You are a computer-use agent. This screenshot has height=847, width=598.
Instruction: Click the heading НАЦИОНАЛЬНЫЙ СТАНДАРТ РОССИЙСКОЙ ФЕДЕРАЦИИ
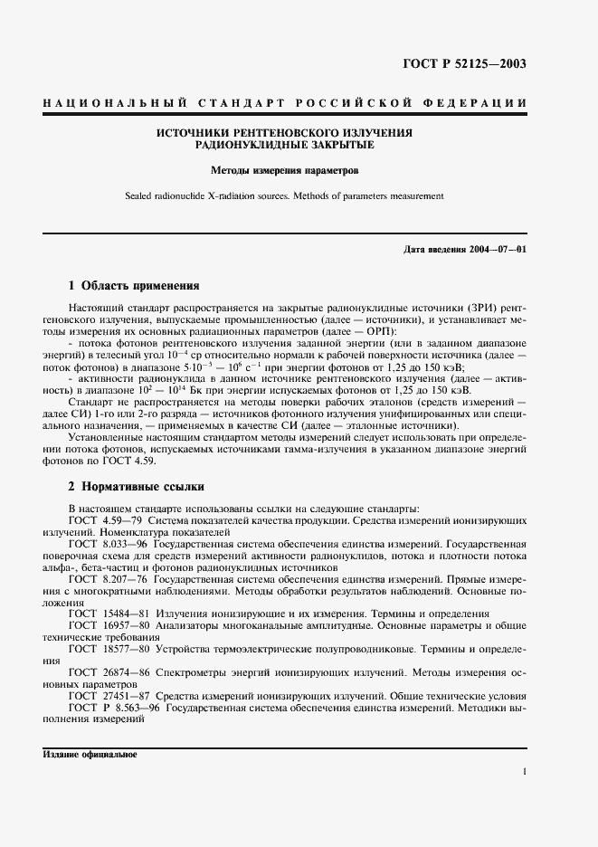[x=285, y=102]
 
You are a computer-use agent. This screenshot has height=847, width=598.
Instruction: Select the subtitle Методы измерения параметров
[x=285, y=169]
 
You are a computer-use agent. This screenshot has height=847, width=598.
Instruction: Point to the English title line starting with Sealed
[x=285, y=195]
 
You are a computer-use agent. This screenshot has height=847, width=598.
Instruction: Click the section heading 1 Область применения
[x=134, y=286]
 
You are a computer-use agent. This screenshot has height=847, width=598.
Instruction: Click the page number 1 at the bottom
[x=524, y=771]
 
